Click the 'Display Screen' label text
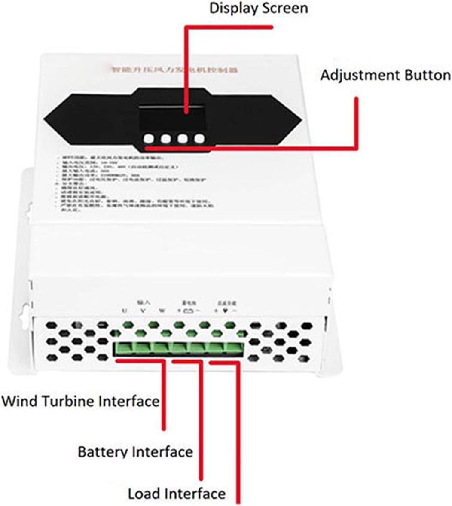pyautogui.click(x=258, y=9)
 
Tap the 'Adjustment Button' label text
pyautogui.click(x=385, y=75)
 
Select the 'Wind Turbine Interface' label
pyautogui.click(x=80, y=402)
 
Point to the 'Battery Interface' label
pyautogui.click(x=135, y=452)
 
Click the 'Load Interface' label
pyautogui.click(x=177, y=494)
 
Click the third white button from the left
pyautogui.click(x=183, y=139)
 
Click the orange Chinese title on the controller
pyautogui.click(x=174, y=69)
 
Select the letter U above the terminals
pyautogui.click(x=124, y=311)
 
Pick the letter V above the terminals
pyautogui.click(x=143, y=311)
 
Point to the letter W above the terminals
pyautogui.click(x=162, y=311)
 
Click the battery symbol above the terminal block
pyautogui.click(x=188, y=311)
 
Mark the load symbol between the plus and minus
pyautogui.click(x=225, y=311)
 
